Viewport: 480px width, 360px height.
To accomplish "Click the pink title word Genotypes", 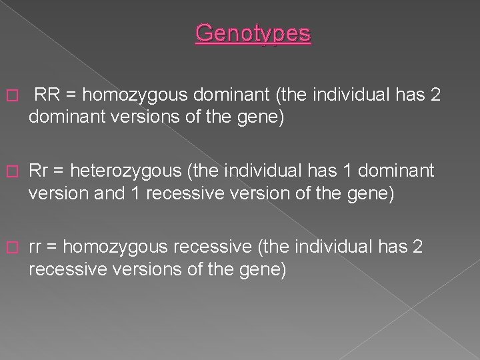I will click(x=253, y=33).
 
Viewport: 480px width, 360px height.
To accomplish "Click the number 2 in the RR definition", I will click(x=435, y=95).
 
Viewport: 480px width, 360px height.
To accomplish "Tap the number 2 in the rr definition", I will click(x=417, y=247).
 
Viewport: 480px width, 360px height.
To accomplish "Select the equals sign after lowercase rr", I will click(x=52, y=247).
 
